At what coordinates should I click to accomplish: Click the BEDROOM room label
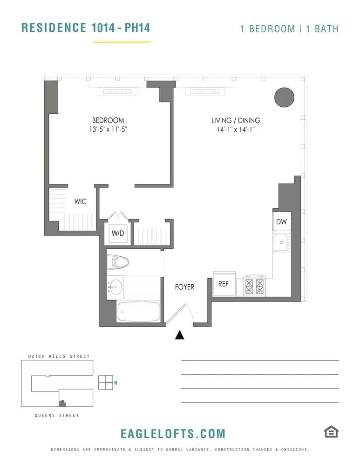pyautogui.click(x=108, y=120)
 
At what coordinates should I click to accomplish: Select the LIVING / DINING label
pyautogui.click(x=236, y=120)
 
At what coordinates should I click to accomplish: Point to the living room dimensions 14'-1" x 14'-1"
pyautogui.click(x=236, y=130)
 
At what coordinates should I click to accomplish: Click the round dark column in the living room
pyautogui.click(x=285, y=97)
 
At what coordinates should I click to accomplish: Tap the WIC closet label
pyautogui.click(x=81, y=202)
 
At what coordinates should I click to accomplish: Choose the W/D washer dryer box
pyautogui.click(x=117, y=233)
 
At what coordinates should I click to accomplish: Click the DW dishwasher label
pyautogui.click(x=281, y=222)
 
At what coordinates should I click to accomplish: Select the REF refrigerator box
pyautogui.click(x=224, y=284)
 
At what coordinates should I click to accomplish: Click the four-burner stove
pyautogui.click(x=253, y=287)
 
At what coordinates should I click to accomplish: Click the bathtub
pyautogui.click(x=138, y=311)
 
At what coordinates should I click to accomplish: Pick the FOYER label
pyautogui.click(x=184, y=287)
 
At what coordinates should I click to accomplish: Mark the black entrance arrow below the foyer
pyautogui.click(x=180, y=335)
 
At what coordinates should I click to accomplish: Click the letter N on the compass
pyautogui.click(x=116, y=383)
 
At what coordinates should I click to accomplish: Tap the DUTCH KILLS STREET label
pyautogui.click(x=56, y=356)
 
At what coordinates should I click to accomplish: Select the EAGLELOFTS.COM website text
pyautogui.click(x=173, y=434)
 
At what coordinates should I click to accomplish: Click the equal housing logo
pyautogui.click(x=331, y=432)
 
